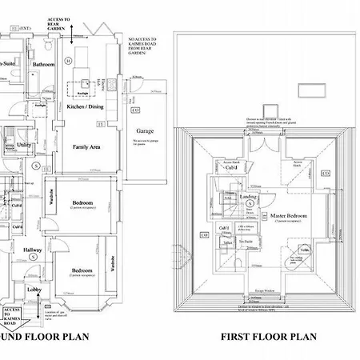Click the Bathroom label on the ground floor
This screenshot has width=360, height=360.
coord(43,64)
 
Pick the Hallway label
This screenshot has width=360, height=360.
coord(33,250)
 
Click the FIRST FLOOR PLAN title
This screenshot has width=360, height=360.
coord(269,337)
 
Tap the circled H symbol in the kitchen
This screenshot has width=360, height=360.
coord(69,60)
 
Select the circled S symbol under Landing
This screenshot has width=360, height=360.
coord(250,203)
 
